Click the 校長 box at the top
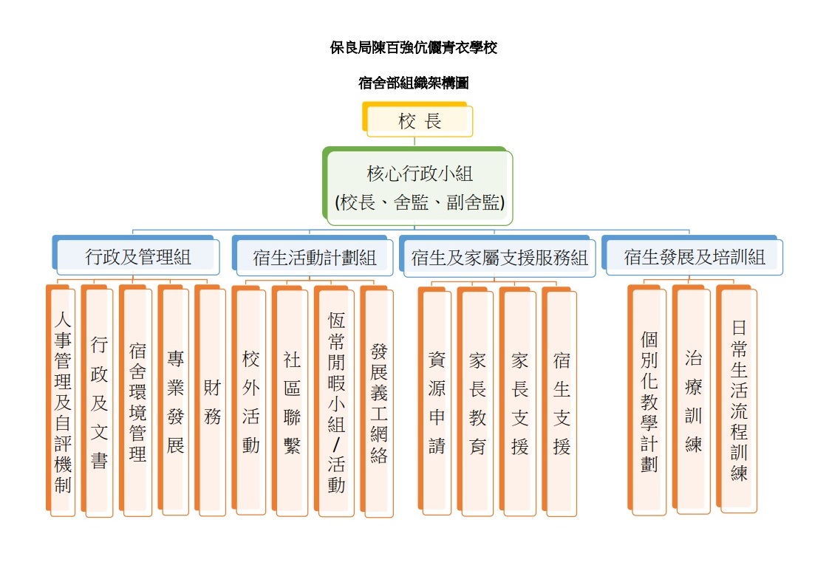coord(417,120)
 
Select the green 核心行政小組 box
coord(417,186)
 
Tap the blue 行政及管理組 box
coord(136,256)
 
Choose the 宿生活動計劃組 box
coord(313,256)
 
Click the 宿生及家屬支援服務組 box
coord(497,257)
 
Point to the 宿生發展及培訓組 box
coord(692,256)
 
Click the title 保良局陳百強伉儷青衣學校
coord(414,47)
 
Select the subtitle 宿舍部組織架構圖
coord(414,83)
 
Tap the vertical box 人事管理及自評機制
coord(61,400)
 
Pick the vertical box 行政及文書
coord(98,400)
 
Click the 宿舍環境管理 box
coord(136,400)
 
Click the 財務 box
coord(211,400)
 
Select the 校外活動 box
coord(249,400)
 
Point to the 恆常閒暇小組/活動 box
coord(335,401)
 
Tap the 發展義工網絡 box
coord(377,402)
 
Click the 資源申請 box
coord(434,401)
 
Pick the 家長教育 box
coord(476,402)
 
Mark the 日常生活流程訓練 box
coord(737,399)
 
